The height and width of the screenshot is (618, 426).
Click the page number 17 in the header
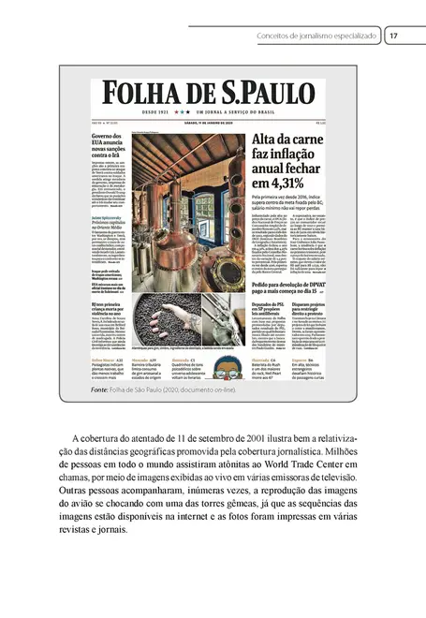(394, 37)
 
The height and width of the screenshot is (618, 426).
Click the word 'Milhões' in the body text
(337, 450)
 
